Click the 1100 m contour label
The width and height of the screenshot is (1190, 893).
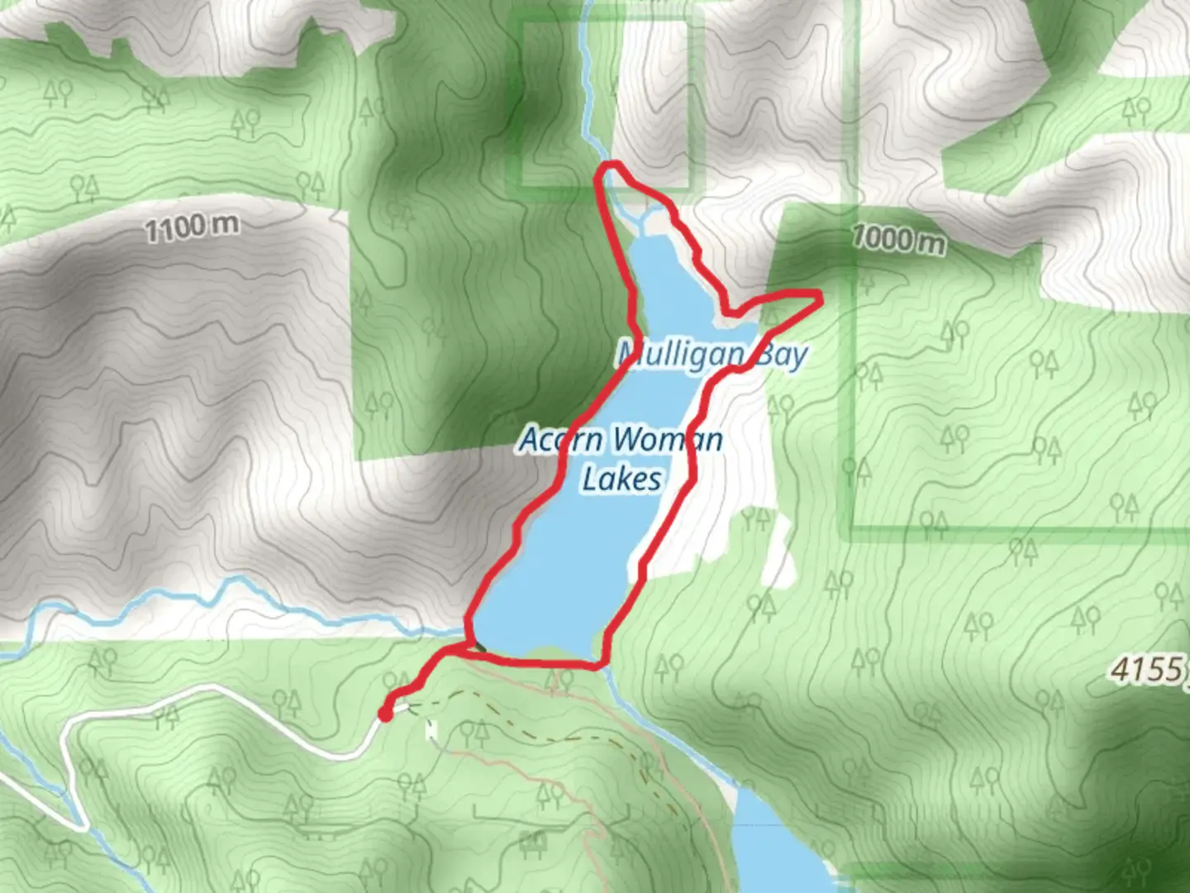pos(192,227)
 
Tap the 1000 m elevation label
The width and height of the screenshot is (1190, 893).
pos(898,240)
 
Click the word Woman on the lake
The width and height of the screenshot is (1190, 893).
pos(669,439)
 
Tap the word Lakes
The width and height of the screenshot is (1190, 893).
pos(621,479)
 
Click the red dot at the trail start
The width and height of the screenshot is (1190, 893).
pos(385,714)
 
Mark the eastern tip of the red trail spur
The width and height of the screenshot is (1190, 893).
pos(820,294)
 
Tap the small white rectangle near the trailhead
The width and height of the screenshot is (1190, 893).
pos(431,730)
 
